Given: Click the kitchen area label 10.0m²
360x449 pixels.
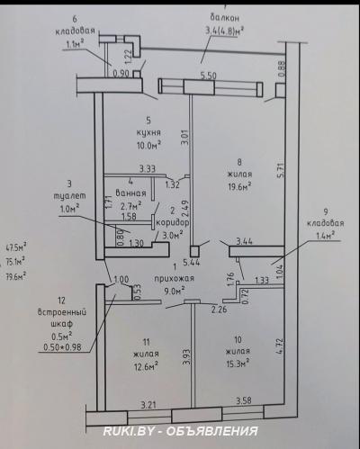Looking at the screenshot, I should point(148,144).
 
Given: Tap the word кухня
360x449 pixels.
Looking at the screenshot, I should point(148,131).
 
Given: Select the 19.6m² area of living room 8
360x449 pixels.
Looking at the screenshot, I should point(238,186).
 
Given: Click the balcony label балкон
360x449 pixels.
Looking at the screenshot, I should point(224,16).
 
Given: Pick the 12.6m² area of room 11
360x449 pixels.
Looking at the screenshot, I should point(145,365).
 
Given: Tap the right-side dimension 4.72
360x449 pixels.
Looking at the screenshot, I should point(282,347).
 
